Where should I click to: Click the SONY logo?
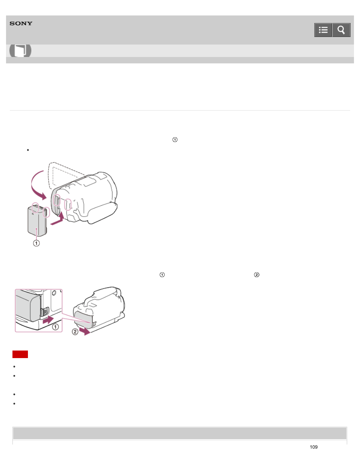tap(21, 23)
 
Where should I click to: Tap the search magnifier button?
tap(341, 30)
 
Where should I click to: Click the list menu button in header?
tap(323, 30)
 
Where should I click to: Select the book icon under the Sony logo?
tap(20, 51)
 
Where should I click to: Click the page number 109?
tap(314, 447)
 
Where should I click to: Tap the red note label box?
tap(20, 354)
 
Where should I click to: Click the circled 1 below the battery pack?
tap(36, 243)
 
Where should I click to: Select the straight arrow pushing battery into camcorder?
tap(57, 219)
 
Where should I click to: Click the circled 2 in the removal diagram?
tap(75, 332)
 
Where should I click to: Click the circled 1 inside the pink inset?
tap(55, 327)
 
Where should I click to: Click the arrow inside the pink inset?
tap(48, 320)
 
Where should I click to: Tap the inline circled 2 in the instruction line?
tap(257, 275)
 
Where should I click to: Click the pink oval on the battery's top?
tap(35, 207)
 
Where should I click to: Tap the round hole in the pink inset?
tap(54, 293)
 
